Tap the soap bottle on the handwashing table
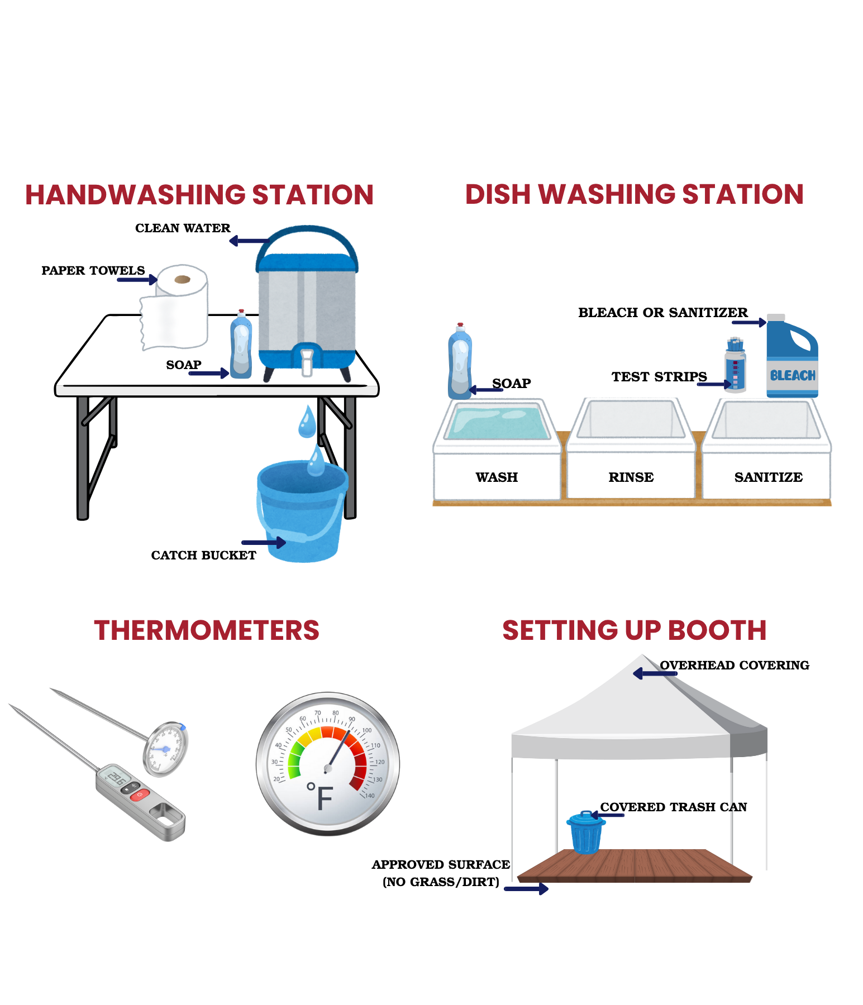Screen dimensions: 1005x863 tap(241, 346)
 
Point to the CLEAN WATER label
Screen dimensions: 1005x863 tap(183, 228)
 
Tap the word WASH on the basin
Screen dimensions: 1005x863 tap(497, 477)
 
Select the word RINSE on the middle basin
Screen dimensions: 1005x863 tap(631, 477)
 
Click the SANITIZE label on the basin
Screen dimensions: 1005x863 tap(768, 477)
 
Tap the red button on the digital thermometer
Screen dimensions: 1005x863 tap(140, 794)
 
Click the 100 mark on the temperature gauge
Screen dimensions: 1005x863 tap(366, 730)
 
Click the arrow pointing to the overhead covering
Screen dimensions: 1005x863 tap(654, 673)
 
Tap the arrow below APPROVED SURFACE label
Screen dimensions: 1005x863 tap(526, 888)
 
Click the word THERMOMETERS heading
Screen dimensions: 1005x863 tap(207, 630)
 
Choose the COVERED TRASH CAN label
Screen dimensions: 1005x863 tap(673, 807)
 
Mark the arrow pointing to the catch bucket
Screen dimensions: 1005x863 tap(264, 542)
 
